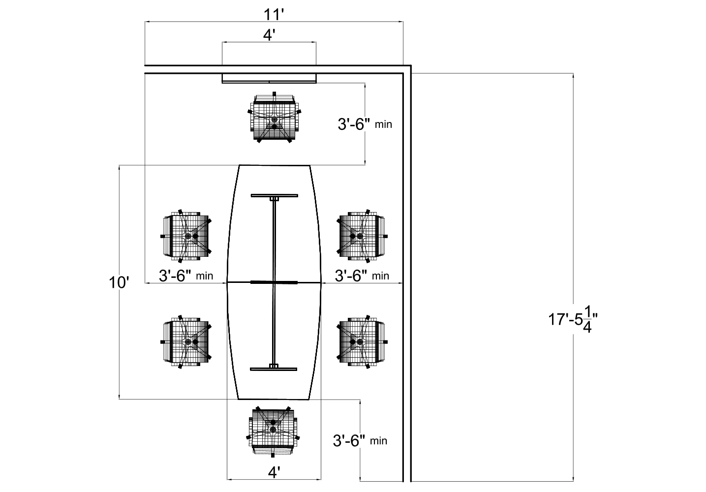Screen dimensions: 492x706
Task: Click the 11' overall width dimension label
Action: click(x=274, y=14)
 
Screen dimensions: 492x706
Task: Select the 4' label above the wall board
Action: click(x=269, y=35)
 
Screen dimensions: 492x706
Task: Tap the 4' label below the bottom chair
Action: click(x=274, y=472)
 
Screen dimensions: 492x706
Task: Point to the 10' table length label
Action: click(x=119, y=282)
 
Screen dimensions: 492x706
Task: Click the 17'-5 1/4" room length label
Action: click(x=573, y=320)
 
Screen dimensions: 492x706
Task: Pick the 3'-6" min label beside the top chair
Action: click(x=365, y=124)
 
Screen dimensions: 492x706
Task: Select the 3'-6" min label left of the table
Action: click(x=185, y=275)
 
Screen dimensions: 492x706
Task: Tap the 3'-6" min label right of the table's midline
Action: click(x=362, y=275)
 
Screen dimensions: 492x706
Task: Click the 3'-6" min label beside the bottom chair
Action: click(x=360, y=440)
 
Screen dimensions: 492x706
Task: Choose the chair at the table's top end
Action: click(x=274, y=119)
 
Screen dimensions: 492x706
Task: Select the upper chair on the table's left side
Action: click(x=186, y=236)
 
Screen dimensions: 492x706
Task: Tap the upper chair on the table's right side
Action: click(x=362, y=236)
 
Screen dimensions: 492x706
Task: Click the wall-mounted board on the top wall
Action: click(x=269, y=78)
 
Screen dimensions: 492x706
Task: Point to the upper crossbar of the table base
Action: click(x=274, y=195)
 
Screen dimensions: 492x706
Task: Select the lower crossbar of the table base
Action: click(x=274, y=368)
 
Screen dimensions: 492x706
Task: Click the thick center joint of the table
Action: click(x=274, y=282)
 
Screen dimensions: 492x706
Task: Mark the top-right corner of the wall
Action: click(x=407, y=69)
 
